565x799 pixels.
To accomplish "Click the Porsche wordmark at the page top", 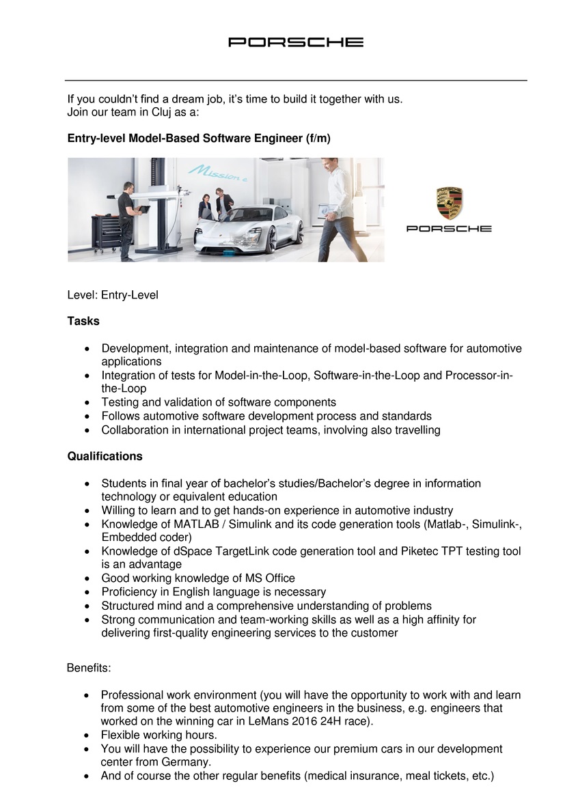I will coord(295,42).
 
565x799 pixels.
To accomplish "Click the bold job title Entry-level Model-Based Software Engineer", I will coord(198,138).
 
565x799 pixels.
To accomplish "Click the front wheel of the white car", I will coord(272,239).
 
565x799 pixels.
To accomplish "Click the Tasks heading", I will coord(83,321).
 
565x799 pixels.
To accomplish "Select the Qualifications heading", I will coord(105,456).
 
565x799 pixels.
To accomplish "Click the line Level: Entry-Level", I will coord(112,295).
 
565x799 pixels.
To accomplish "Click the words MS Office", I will coord(267,578).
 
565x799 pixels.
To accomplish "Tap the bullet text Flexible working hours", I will coord(159,735).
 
